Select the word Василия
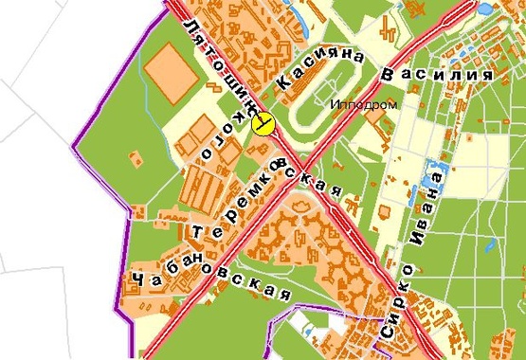click(x=437, y=74)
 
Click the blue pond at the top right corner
click(x=485, y=9)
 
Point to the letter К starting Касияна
click(x=281, y=85)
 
